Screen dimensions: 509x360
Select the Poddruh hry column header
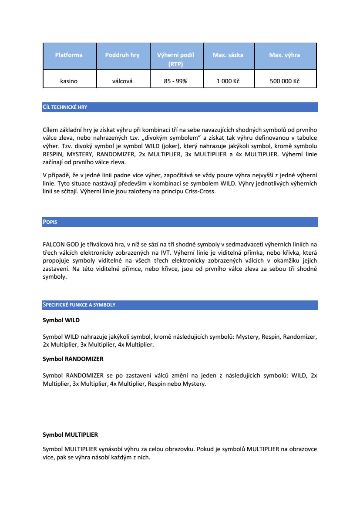[122, 55]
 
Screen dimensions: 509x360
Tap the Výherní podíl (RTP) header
[175, 59]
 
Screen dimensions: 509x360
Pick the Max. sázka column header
[228, 55]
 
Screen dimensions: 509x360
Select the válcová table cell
[122, 81]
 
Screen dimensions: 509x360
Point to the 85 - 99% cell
[175, 81]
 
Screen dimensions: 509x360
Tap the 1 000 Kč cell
[228, 81]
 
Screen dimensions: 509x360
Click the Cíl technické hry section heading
[65, 107]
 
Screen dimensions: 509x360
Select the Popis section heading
[50, 222]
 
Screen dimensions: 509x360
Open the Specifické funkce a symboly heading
[79, 305]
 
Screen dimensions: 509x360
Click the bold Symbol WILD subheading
[61, 320]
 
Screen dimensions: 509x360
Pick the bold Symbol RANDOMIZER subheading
[73, 359]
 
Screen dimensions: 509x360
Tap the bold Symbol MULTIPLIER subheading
[70, 435]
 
